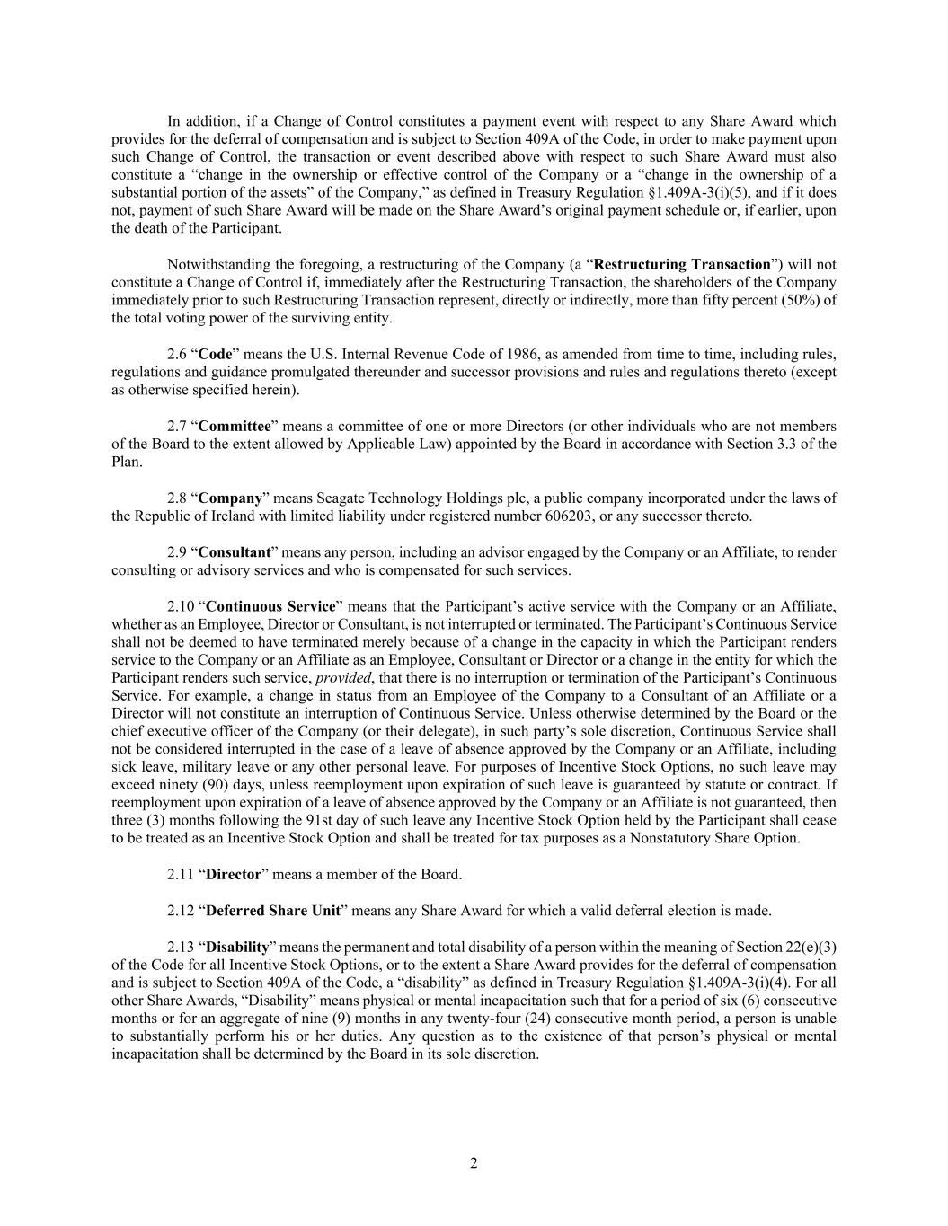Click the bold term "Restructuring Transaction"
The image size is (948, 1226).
pos(683,265)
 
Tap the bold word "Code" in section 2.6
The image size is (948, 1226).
pos(215,355)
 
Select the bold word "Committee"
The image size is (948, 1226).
pos(234,427)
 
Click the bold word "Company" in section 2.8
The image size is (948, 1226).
pos(230,498)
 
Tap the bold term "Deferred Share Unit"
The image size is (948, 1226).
pos(273,911)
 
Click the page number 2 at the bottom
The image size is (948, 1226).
pos(474,1164)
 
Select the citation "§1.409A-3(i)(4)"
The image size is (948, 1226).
pos(738,983)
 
